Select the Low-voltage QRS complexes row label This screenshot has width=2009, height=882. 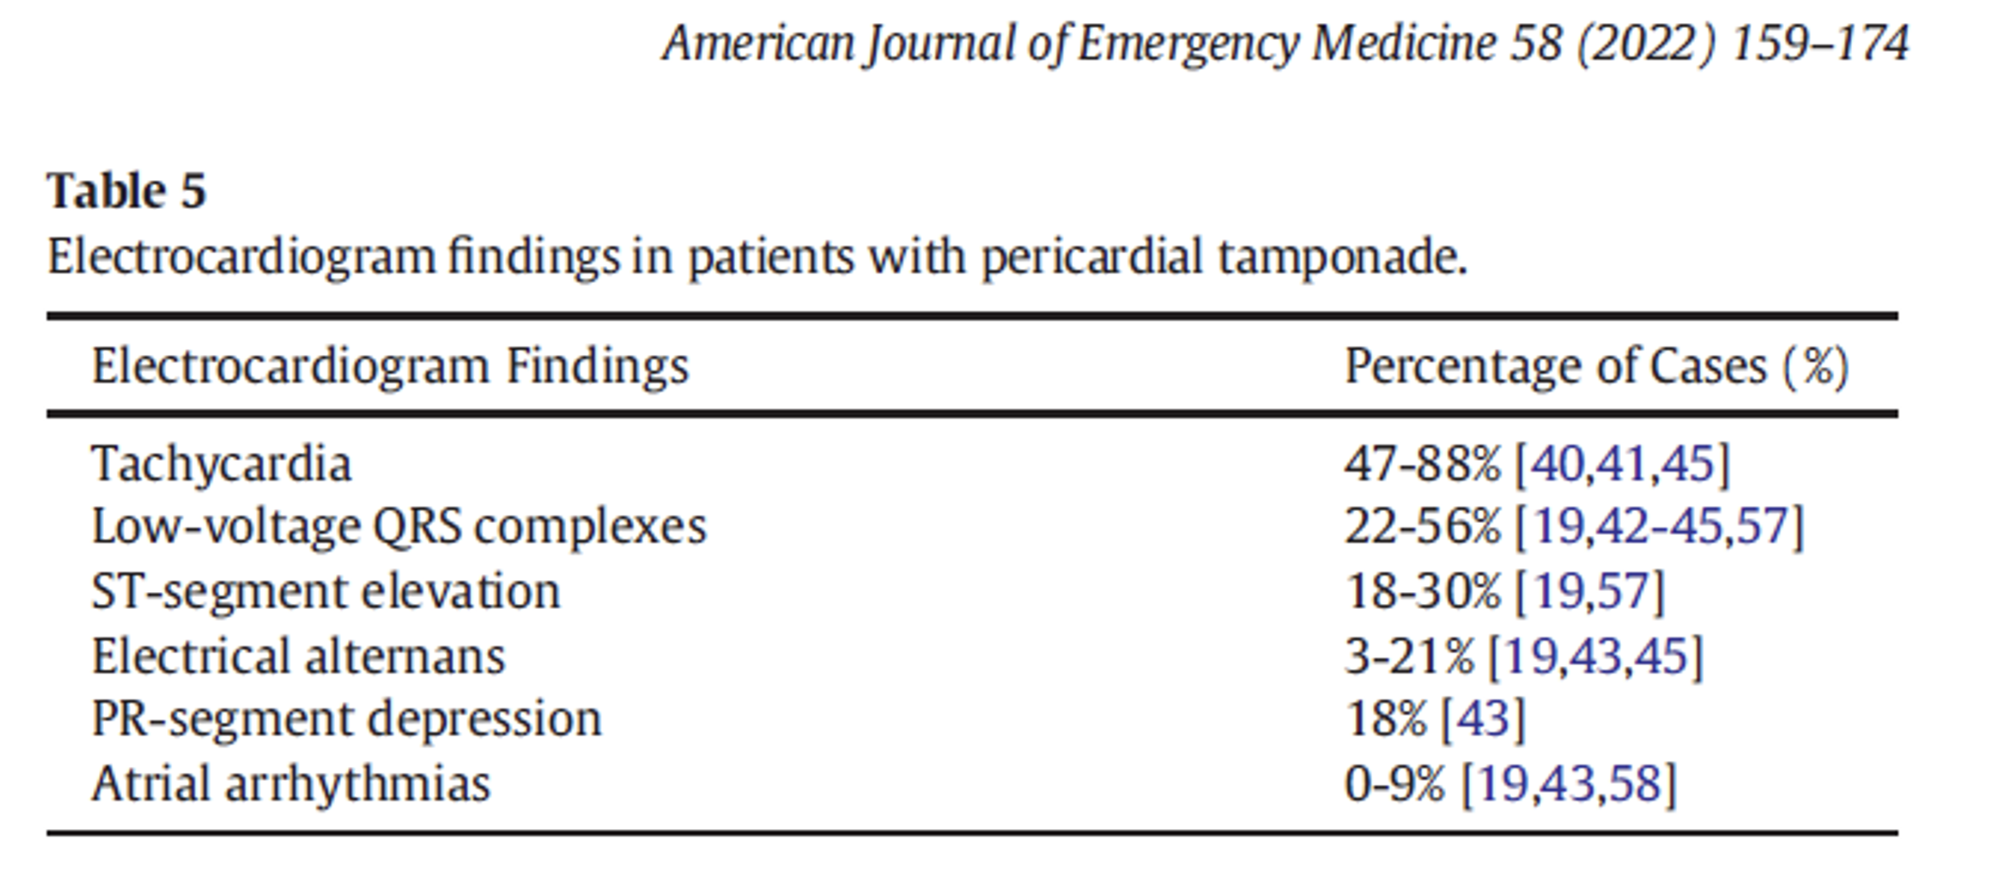(x=399, y=526)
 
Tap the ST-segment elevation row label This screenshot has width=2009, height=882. (x=326, y=590)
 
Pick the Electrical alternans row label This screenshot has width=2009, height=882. (x=298, y=656)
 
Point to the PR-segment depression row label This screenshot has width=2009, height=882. (x=346, y=719)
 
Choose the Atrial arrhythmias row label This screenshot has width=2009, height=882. (x=291, y=783)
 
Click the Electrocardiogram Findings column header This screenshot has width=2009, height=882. (x=390, y=367)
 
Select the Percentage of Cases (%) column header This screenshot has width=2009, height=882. (x=1596, y=367)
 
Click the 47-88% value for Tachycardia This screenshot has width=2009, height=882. (x=1421, y=464)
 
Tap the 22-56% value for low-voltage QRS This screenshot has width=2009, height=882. (x=1421, y=526)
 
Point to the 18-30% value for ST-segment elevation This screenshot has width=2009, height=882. (x=1421, y=590)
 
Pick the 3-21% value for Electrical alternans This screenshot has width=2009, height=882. (x=1409, y=656)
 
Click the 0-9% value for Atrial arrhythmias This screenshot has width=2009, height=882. (x=1395, y=783)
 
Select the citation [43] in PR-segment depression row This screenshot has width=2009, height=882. (x=1482, y=719)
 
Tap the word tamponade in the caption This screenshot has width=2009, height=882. (x=1342, y=257)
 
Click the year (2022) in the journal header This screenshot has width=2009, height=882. (x=1645, y=43)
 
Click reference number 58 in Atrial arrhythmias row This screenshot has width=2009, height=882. (x=1636, y=783)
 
